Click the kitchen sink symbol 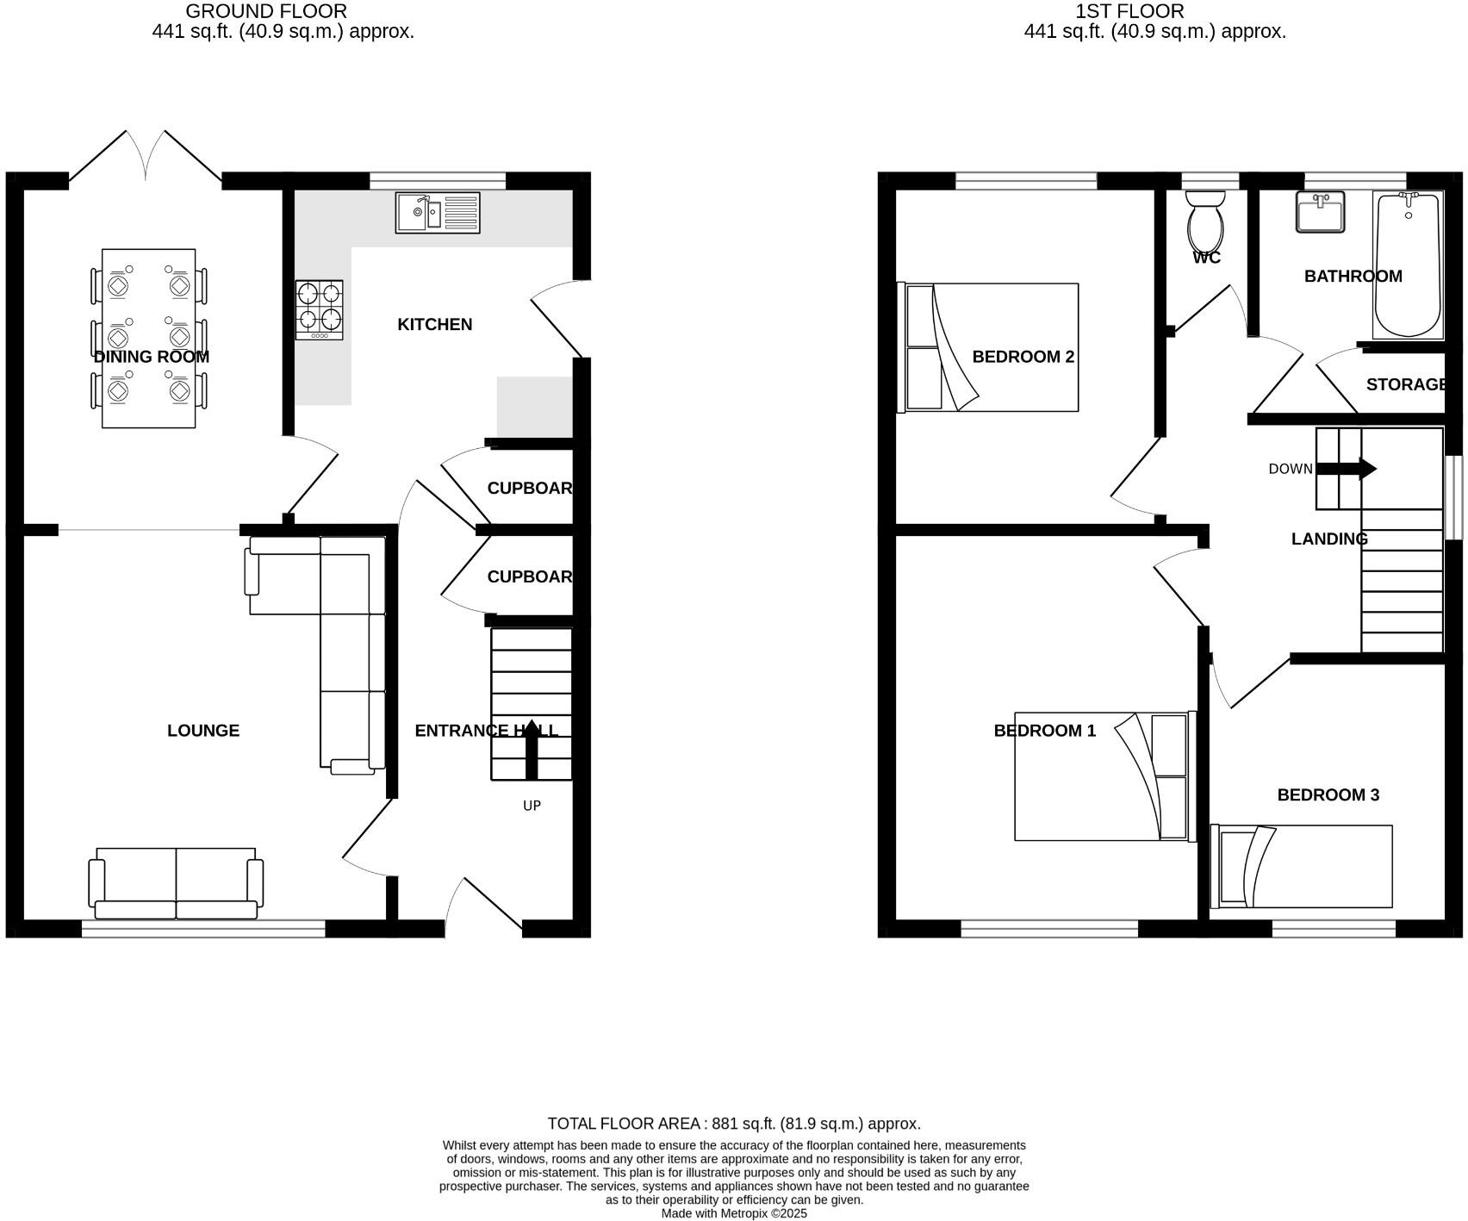tap(438, 213)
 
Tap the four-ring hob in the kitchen tap(319, 309)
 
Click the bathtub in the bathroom tap(1408, 265)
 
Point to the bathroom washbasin tap(1320, 212)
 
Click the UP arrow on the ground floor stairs tap(532, 748)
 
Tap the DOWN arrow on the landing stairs tap(1347, 469)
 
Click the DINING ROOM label tap(152, 357)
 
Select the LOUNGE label tap(203, 731)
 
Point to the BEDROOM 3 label tap(1328, 794)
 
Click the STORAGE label tap(1406, 384)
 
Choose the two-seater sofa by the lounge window tap(176, 882)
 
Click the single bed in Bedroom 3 tap(1301, 866)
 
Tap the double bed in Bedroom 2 tap(988, 347)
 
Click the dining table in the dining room tap(148, 338)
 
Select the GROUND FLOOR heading tap(266, 11)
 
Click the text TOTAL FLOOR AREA tap(625, 1124)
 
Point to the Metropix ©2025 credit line tap(734, 1213)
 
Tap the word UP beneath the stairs tap(532, 806)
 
